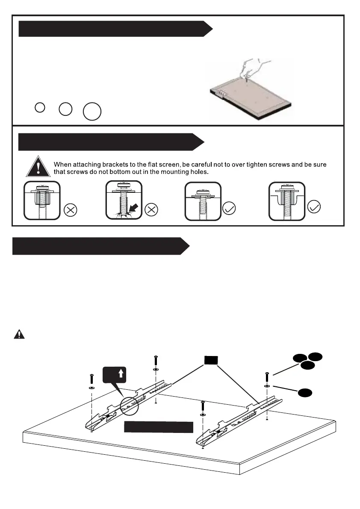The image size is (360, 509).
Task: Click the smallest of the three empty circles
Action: point(39,107)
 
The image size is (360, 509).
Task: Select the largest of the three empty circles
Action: point(92,112)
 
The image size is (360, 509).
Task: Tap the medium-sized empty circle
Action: point(65,109)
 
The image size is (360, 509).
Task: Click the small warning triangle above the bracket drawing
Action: point(19,334)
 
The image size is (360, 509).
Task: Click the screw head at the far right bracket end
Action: point(267,374)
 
